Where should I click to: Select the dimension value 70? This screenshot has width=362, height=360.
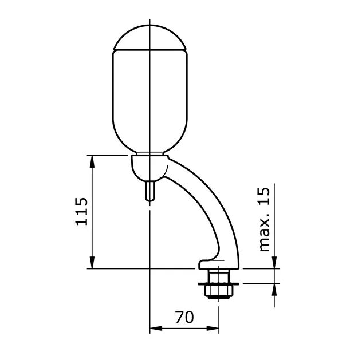[x=184, y=317]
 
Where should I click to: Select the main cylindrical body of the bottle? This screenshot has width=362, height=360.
[x=149, y=100]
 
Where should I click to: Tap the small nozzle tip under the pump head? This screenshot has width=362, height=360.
[x=150, y=191]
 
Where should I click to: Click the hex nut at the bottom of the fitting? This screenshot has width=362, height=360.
[x=219, y=291]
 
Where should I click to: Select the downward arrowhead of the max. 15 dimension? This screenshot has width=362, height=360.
[x=274, y=263]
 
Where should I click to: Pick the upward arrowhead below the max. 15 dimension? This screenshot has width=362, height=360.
[x=274, y=288]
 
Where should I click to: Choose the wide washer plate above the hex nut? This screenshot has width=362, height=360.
[x=219, y=282]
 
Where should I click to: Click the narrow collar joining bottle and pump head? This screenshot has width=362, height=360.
[x=149, y=153]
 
